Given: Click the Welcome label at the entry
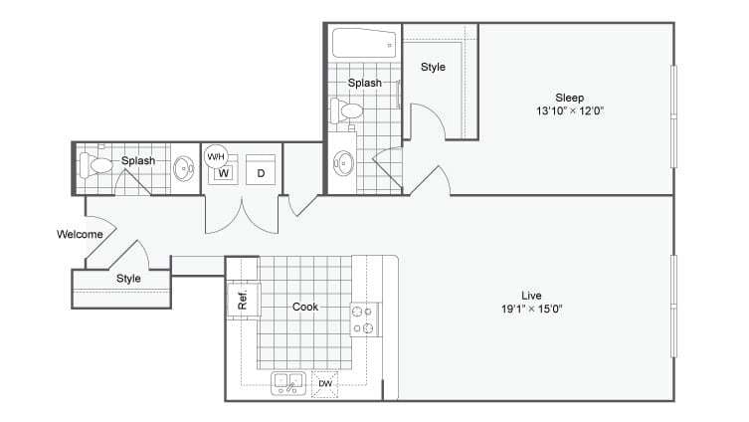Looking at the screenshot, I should click(x=81, y=235).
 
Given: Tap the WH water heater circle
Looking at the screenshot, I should click(x=215, y=156).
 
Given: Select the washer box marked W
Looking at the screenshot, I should click(x=224, y=173).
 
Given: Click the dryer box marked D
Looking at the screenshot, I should click(x=261, y=173).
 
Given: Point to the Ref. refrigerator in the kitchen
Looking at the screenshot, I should click(x=243, y=298).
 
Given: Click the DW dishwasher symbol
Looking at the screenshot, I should click(x=325, y=384).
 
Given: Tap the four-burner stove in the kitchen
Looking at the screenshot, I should click(x=365, y=319).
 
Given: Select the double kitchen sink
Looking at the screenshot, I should click(x=288, y=383).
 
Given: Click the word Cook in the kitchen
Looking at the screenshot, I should click(x=304, y=307).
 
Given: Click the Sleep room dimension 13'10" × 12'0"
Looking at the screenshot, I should click(x=569, y=111).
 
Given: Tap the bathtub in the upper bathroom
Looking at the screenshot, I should click(x=364, y=43).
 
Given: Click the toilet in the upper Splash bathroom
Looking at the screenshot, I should click(x=348, y=111).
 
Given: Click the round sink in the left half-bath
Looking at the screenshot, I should click(x=184, y=168).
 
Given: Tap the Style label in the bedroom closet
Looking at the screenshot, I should click(x=433, y=68).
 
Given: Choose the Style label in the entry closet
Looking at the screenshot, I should click(x=128, y=279).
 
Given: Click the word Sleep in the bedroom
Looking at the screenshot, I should click(x=569, y=98).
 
